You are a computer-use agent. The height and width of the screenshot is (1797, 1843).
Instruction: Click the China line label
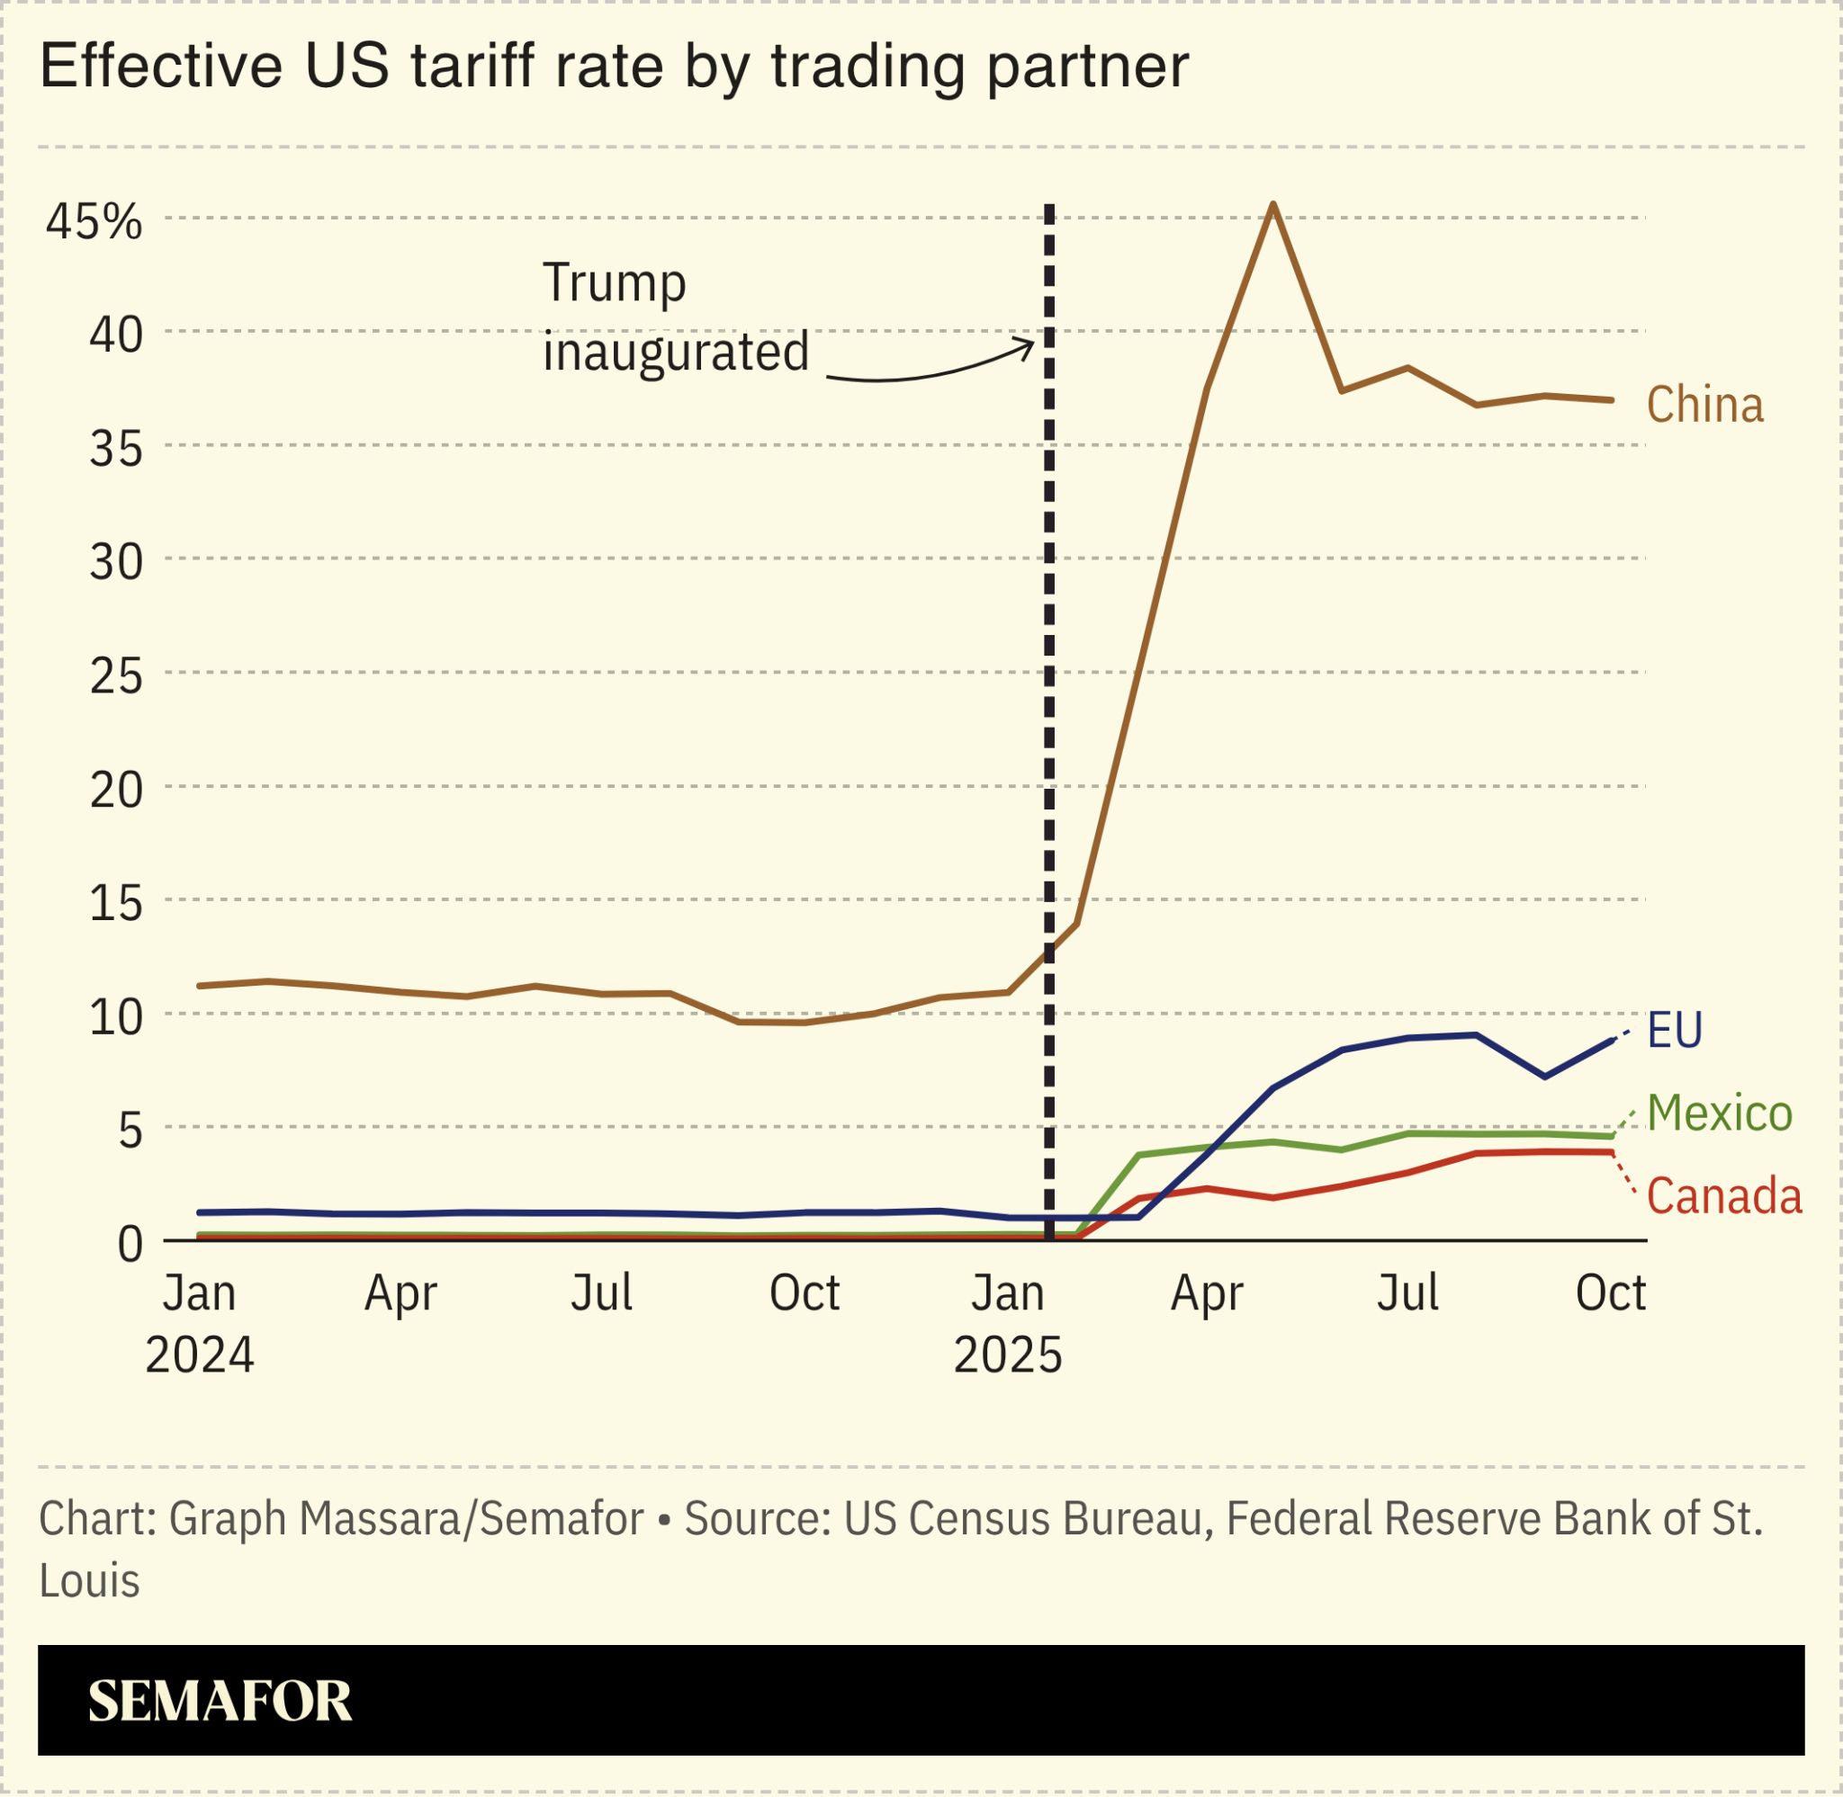tap(1704, 405)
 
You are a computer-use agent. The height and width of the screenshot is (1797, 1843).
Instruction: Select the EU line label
tap(1674, 1030)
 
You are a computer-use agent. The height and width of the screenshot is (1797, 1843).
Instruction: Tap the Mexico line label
tap(1719, 1113)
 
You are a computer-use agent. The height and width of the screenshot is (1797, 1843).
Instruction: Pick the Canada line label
tap(1723, 1197)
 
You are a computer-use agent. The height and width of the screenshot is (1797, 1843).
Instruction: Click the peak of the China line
tap(1272, 204)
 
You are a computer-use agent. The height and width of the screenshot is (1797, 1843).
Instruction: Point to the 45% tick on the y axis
tap(94, 222)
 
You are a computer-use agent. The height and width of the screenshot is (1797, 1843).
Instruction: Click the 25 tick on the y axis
tap(116, 675)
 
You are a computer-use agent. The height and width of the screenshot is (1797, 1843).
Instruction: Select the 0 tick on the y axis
tap(130, 1245)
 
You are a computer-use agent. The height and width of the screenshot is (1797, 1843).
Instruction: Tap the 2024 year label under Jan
tap(199, 1356)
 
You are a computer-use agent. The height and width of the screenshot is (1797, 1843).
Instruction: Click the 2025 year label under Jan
tap(1007, 1356)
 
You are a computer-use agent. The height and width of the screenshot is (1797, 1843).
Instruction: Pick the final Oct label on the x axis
tap(1610, 1293)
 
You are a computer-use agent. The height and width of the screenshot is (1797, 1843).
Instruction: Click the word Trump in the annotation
tap(614, 283)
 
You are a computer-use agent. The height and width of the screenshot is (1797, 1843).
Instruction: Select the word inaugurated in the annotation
tap(675, 352)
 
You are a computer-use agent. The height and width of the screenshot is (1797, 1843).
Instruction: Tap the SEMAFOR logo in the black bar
tap(219, 1700)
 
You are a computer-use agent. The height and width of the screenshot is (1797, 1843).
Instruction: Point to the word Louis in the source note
tap(89, 1581)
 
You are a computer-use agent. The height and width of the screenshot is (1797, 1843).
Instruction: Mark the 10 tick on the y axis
tap(116, 1017)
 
